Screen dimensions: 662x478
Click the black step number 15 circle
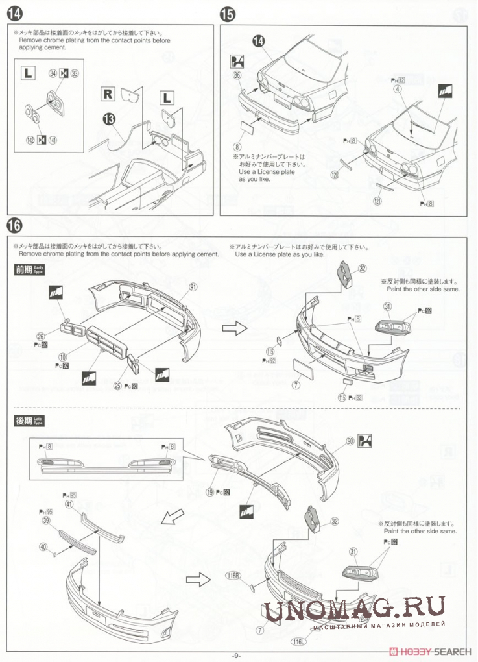coord(228,14)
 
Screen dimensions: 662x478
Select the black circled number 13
coord(108,118)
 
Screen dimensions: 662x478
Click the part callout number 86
coord(237,76)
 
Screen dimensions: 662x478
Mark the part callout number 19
coord(211,492)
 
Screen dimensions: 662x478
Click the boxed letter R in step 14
coord(107,92)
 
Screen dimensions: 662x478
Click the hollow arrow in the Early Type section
coord(231,328)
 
